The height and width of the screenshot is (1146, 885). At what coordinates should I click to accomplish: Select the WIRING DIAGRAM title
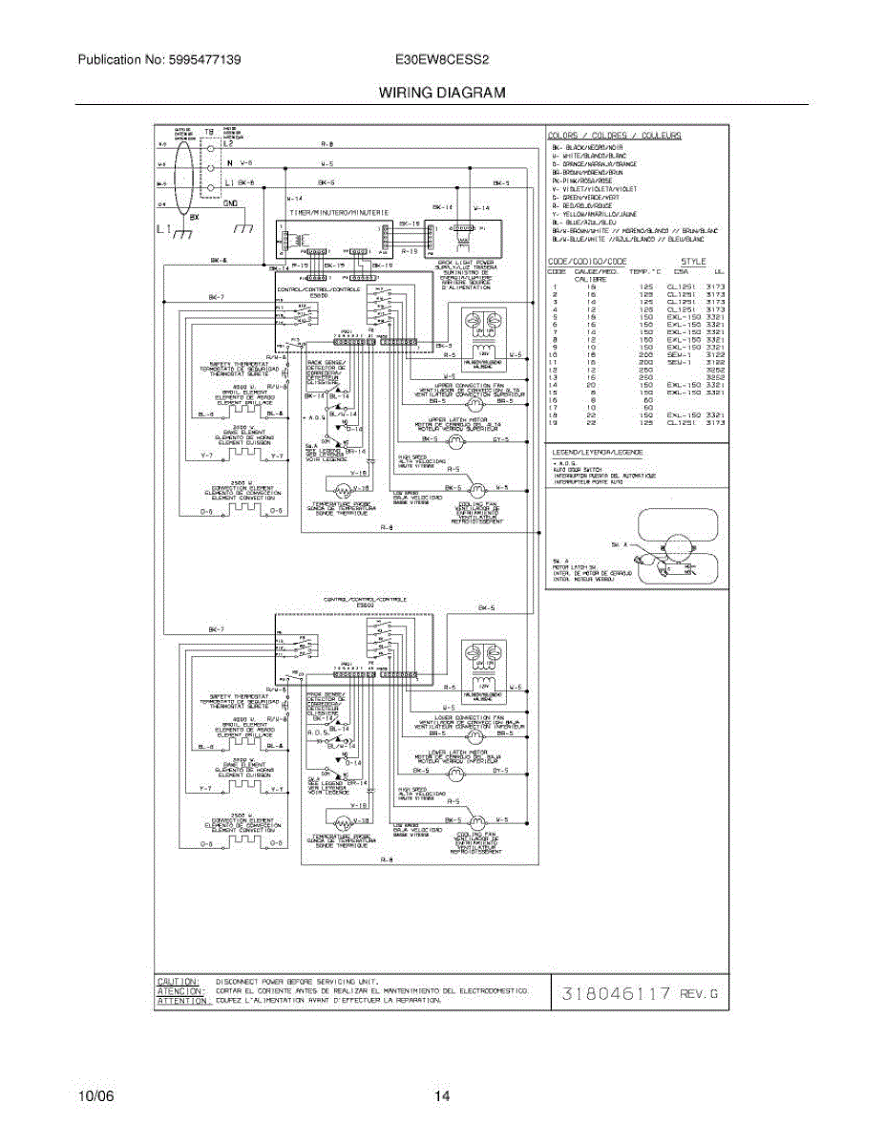point(442,94)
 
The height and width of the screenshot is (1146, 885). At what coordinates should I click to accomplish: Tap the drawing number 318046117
point(616,994)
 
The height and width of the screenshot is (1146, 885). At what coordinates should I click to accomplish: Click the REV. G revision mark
point(698,994)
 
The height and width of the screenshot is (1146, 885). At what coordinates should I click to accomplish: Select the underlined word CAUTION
point(179,981)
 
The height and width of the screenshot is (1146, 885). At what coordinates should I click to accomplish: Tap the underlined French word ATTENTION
point(181,1001)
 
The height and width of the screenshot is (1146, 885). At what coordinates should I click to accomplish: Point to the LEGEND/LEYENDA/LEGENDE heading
point(596,451)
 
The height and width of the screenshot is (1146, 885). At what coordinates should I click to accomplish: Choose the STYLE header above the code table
point(693,261)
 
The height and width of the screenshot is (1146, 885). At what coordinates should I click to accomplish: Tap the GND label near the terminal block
point(230,202)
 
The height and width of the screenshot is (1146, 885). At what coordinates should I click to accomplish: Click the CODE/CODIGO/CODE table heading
point(587,261)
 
